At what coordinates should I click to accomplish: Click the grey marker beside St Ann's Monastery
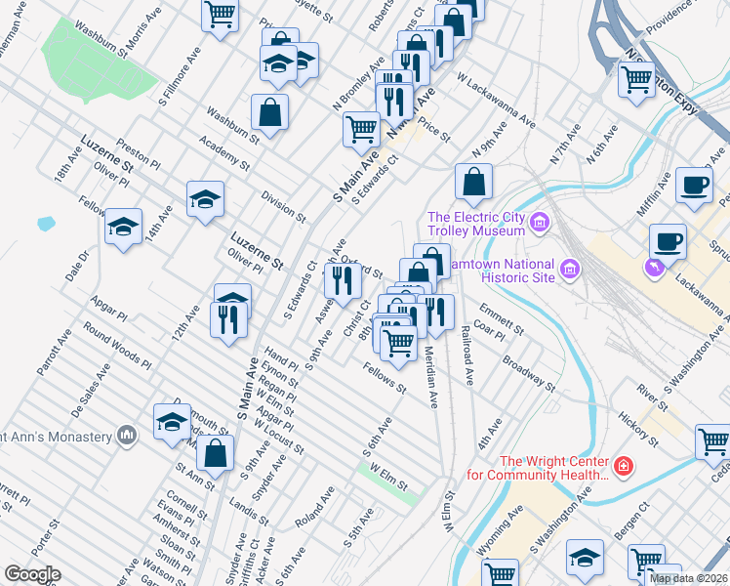(126, 434)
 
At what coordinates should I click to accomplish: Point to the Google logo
(32, 574)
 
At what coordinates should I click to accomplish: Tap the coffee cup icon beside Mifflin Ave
(694, 186)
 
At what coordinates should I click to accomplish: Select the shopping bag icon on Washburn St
(269, 112)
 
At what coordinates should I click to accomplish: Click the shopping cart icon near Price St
(361, 128)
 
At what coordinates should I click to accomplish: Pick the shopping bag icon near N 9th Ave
(473, 181)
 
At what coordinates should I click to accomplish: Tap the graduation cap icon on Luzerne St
(205, 199)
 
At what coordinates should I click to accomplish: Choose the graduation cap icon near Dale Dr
(124, 227)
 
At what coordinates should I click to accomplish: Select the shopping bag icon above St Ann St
(216, 452)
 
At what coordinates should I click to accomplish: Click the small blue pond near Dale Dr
(46, 224)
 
